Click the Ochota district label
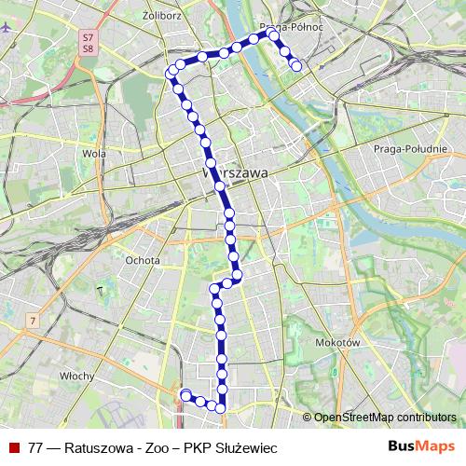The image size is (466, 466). pyautogui.click(x=143, y=260)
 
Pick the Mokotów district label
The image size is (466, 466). pyautogui.click(x=338, y=343)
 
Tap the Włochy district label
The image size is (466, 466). pyautogui.click(x=75, y=376)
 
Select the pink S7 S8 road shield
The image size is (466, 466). pyautogui.click(x=89, y=43)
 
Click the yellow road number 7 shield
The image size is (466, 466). pyautogui.click(x=33, y=321)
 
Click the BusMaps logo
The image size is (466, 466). pyautogui.click(x=421, y=446)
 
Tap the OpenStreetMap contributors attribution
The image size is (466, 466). pyautogui.click(x=385, y=418)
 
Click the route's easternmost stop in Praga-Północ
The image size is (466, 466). pyautogui.click(x=296, y=66)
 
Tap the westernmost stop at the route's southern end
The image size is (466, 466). pyautogui.click(x=185, y=394)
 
